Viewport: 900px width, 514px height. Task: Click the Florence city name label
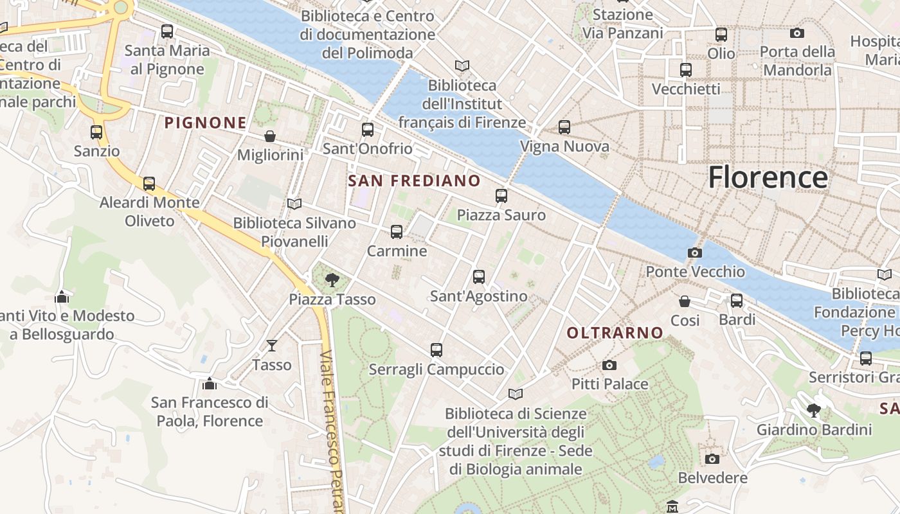[768, 177]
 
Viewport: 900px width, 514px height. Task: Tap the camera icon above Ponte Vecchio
[694, 253]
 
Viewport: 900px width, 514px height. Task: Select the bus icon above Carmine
[397, 232]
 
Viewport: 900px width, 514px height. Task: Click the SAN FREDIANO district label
[414, 181]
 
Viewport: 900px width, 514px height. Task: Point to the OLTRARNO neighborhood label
[615, 333]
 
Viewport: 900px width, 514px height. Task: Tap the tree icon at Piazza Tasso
[332, 280]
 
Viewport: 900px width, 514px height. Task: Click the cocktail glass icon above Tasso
[272, 346]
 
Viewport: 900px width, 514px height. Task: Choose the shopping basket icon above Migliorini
[270, 136]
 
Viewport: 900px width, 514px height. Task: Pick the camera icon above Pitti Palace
[609, 365]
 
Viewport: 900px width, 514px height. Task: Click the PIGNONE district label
[206, 123]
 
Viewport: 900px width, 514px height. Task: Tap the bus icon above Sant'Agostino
[479, 277]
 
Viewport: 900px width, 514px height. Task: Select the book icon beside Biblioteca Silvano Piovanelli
[294, 204]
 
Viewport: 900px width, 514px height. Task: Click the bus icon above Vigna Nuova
[564, 127]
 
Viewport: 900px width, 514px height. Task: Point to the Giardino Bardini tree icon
[814, 410]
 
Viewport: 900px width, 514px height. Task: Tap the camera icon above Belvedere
[712, 459]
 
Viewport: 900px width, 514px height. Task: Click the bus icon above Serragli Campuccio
[437, 350]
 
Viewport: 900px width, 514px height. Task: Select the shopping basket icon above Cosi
[685, 301]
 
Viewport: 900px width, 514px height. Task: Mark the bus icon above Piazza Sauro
[501, 196]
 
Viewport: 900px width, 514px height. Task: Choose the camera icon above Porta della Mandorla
[797, 33]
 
